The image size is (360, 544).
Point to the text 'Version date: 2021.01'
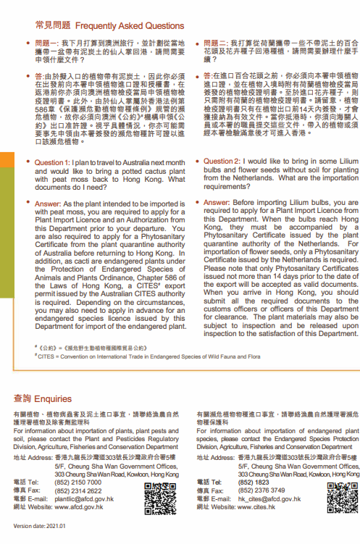[x=38, y=526]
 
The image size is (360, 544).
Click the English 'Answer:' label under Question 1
[x=51, y=205]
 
